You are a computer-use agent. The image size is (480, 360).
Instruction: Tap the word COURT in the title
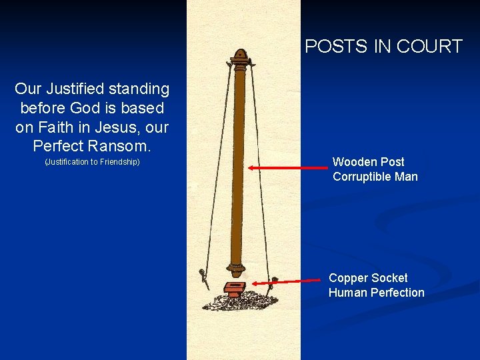[429, 47]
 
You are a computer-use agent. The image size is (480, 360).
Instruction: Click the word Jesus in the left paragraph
[109, 127]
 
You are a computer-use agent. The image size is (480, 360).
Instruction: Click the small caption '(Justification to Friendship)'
[92, 163]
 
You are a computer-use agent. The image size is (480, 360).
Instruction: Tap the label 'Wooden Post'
[368, 162]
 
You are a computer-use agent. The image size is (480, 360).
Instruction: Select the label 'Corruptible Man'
[375, 177]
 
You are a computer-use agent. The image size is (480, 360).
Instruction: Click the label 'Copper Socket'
[368, 278]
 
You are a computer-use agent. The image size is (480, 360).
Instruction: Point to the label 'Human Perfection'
[376, 293]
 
